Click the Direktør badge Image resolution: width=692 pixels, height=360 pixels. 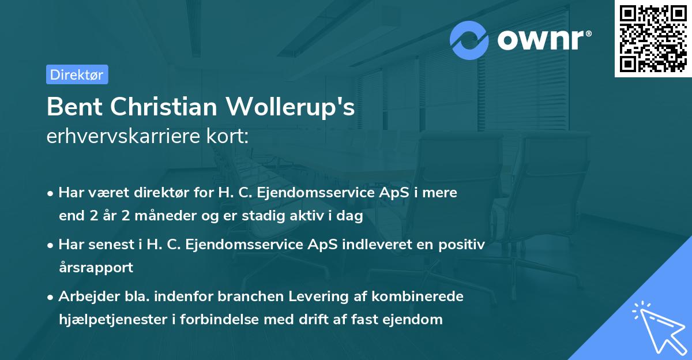[77, 74]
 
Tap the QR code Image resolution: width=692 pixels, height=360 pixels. [653, 39]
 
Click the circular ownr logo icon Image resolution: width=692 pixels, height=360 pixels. [469, 40]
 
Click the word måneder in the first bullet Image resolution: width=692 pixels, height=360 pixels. [155, 216]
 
